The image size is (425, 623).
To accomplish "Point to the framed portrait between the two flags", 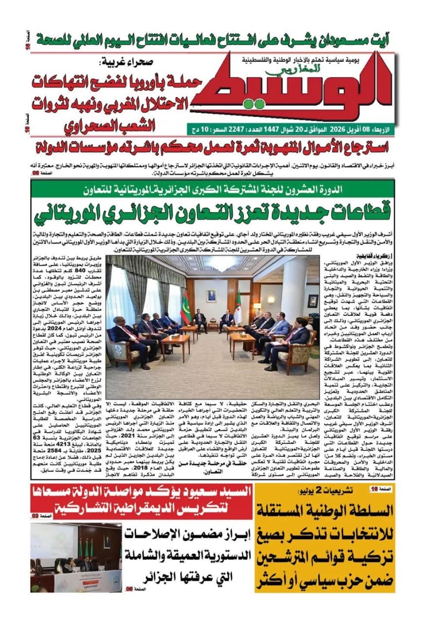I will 211,295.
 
